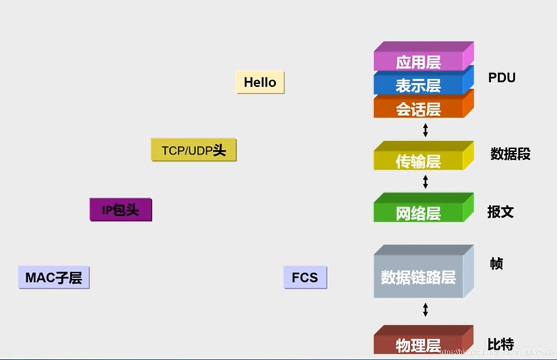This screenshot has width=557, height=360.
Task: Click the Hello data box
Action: [x=260, y=82]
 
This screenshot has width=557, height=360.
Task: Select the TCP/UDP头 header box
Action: [x=194, y=150]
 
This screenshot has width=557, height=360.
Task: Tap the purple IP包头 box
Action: [x=121, y=210]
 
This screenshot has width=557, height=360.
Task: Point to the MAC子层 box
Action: [x=54, y=277]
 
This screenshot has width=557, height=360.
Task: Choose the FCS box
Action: [x=305, y=277]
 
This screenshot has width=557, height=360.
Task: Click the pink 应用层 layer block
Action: [x=418, y=62]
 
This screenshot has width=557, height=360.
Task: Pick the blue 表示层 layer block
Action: [x=418, y=85]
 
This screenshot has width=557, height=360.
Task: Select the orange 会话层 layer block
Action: [x=418, y=109]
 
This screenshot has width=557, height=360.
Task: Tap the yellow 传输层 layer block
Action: [x=418, y=161]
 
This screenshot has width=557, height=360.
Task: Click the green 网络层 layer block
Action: [x=418, y=213]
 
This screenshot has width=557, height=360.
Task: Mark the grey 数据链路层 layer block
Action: [x=418, y=277]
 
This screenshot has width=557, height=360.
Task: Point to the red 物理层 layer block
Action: [x=418, y=345]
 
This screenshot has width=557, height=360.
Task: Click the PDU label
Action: [x=502, y=77]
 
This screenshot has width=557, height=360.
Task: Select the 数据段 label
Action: [x=510, y=154]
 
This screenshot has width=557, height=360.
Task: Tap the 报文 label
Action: [x=500, y=212]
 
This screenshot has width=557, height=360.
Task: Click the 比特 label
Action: [x=500, y=344]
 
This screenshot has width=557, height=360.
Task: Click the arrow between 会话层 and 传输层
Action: [x=425, y=130]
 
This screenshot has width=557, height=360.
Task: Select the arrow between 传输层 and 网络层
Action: [x=425, y=182]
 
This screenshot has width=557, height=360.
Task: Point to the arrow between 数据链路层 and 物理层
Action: [x=425, y=310]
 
